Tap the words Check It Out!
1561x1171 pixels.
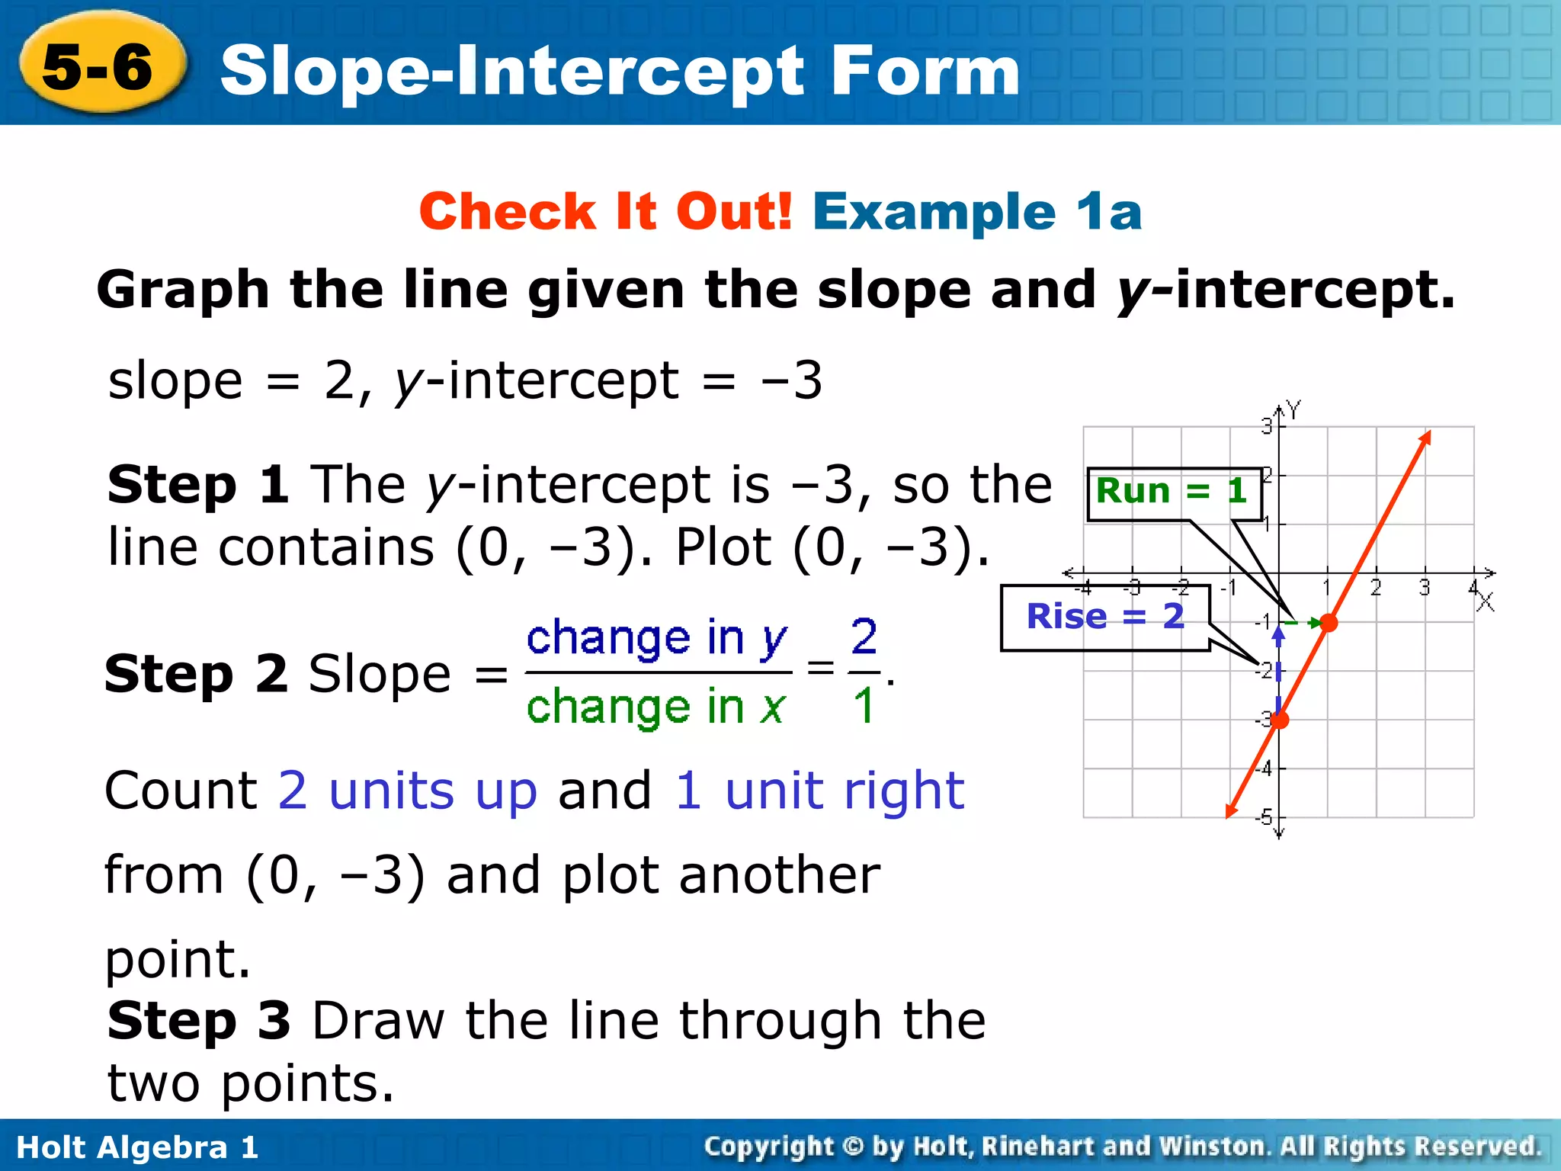coord(606,211)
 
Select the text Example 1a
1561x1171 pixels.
coord(977,211)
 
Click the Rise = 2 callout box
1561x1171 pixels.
coord(1105,617)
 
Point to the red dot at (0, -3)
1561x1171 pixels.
coord(1280,719)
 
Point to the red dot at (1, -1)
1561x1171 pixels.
coord(1329,623)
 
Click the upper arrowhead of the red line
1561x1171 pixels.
coord(1425,438)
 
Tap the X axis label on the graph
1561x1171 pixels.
coord(1485,603)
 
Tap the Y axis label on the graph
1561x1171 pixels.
coord(1293,409)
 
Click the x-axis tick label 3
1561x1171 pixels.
coord(1425,588)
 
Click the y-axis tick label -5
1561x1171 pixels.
coord(1265,817)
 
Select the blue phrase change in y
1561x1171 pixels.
coord(657,638)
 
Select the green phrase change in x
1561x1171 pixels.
coord(655,707)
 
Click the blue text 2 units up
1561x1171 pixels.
coord(408,791)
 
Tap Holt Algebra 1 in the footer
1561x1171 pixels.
coord(137,1147)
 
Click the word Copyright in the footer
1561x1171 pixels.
coord(768,1147)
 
